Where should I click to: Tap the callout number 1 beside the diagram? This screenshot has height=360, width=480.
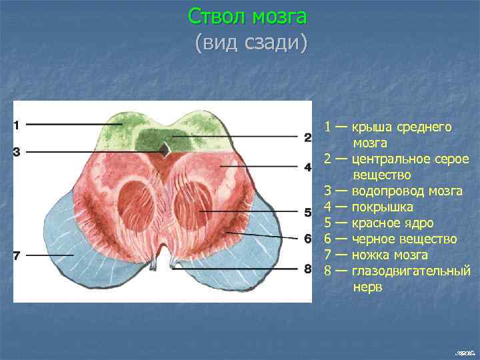[x=17, y=124]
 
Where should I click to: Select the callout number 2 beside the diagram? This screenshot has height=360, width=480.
[x=307, y=137]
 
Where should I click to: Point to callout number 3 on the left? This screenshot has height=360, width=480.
[x=17, y=151]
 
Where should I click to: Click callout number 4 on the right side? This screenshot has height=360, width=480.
[x=307, y=167]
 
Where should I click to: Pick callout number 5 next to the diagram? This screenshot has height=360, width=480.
[x=307, y=213]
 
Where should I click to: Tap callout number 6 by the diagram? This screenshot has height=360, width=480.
[x=307, y=238]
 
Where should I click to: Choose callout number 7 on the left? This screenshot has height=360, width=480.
[x=17, y=255]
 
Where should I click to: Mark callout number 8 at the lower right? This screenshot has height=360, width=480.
[x=307, y=269]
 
